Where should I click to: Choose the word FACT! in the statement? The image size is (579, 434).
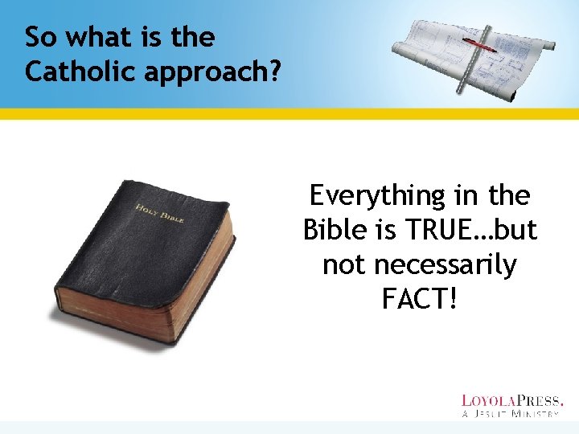coord(420,299)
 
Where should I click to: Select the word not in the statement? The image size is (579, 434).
coord(342,264)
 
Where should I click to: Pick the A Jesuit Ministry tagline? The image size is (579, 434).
coord(511,414)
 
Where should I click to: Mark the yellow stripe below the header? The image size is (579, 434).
coord(289,113)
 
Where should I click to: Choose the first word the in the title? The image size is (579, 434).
coord(193,37)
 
